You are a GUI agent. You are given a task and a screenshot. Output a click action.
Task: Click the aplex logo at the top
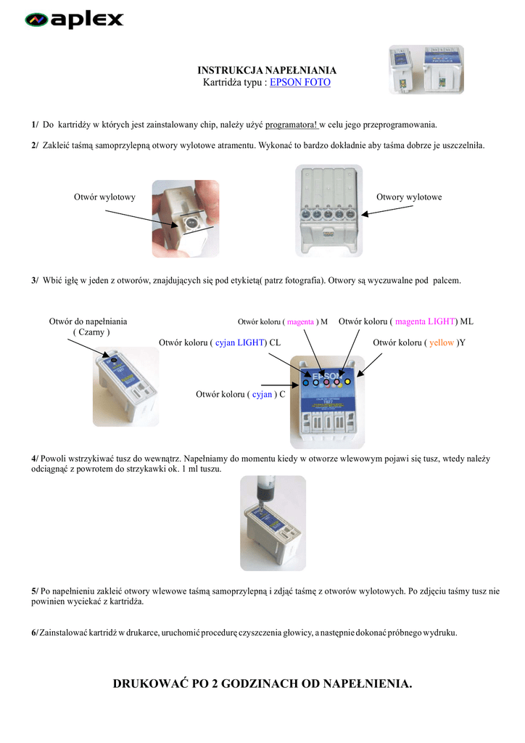click(74, 20)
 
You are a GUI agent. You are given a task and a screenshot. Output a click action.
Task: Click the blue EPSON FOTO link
click(299, 83)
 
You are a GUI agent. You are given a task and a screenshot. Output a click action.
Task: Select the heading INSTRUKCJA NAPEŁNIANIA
click(267, 70)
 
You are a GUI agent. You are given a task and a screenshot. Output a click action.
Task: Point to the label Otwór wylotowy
click(104, 197)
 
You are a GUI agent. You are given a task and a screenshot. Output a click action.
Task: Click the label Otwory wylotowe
click(409, 197)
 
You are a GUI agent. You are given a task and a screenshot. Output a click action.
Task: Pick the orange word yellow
click(442, 342)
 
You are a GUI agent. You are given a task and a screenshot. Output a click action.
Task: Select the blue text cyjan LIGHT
click(239, 342)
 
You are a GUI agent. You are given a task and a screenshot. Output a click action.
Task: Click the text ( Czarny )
click(91, 332)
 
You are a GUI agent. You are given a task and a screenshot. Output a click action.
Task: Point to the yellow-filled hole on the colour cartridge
click(347, 381)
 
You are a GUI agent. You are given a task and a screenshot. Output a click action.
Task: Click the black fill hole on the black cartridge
click(112, 358)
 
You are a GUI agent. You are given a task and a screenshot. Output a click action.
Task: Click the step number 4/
click(35, 459)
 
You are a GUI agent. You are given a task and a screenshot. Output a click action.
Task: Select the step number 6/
click(35, 633)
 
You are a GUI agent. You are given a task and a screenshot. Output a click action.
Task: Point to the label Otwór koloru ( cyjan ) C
click(240, 395)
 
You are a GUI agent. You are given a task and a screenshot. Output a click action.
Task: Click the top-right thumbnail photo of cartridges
click(426, 70)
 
